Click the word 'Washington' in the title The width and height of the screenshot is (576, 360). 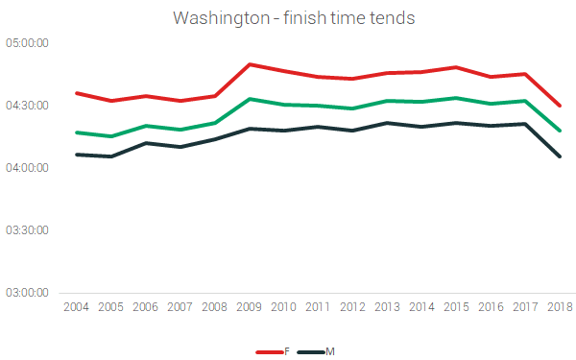[218, 18]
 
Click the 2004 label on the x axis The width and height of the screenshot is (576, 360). [76, 307]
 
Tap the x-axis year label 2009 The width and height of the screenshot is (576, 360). [250, 307]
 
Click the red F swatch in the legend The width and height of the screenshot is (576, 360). [269, 352]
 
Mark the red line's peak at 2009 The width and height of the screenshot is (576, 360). [250, 64]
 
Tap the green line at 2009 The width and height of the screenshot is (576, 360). [250, 99]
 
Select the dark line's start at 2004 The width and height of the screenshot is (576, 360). [76, 155]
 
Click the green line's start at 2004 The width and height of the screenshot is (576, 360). [76, 132]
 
